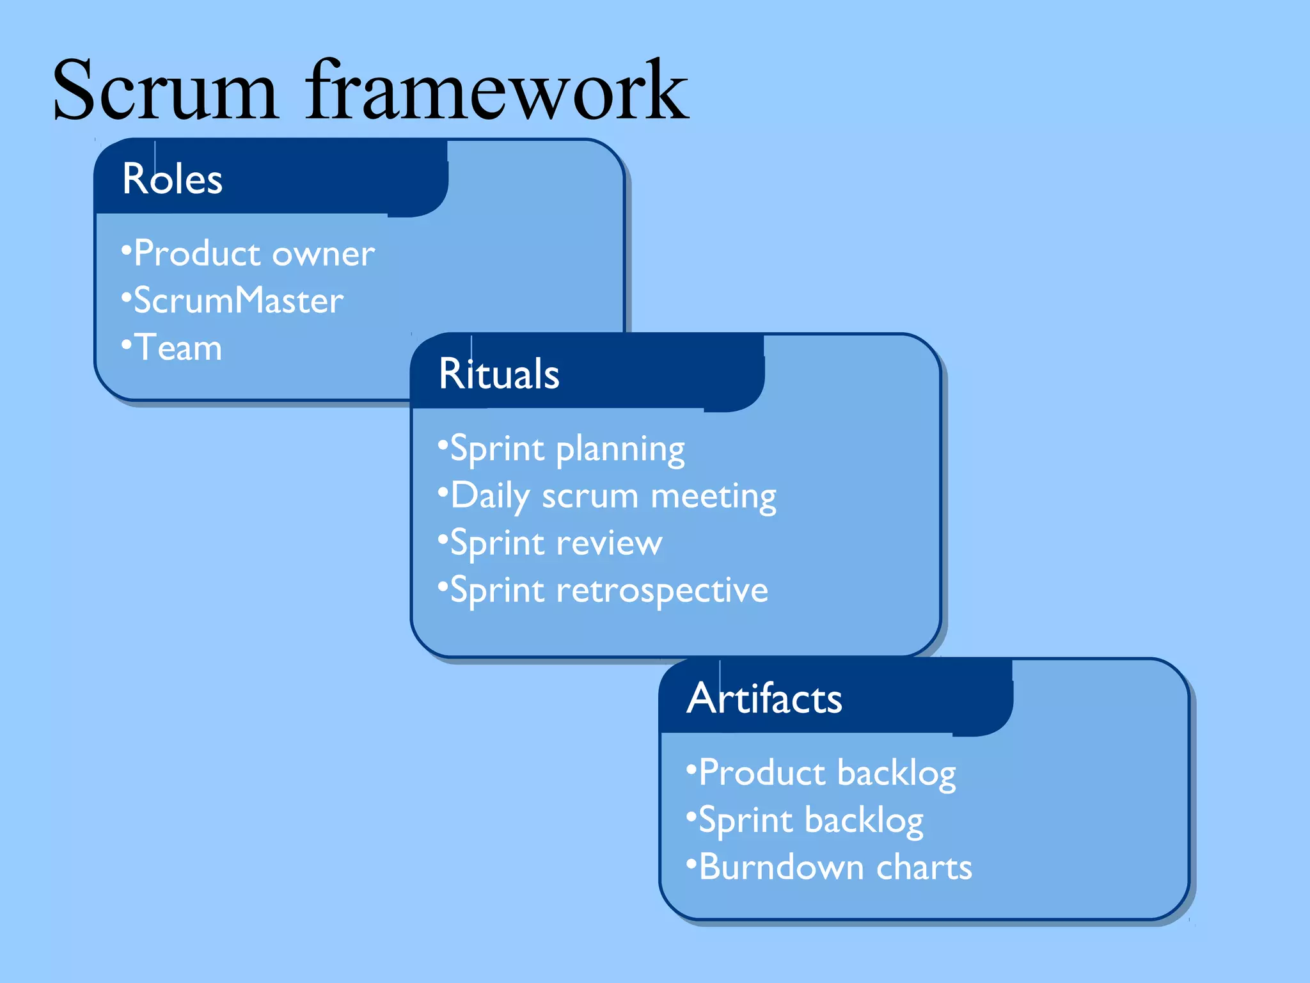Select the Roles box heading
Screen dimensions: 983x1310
(172, 179)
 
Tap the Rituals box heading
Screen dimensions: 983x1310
(499, 374)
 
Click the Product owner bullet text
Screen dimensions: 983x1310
(254, 253)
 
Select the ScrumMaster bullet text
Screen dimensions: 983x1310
(238, 301)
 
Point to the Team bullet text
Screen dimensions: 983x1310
(178, 348)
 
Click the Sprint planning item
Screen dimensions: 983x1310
(567, 449)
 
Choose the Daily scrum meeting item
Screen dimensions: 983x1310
(613, 497)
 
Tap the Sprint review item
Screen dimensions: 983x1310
(556, 543)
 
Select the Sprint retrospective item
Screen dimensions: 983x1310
(609, 590)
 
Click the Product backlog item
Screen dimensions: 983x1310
(827, 773)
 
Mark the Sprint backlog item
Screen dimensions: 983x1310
(810, 820)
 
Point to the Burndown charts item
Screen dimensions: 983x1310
(835, 868)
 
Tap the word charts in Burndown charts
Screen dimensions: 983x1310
(924, 868)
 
